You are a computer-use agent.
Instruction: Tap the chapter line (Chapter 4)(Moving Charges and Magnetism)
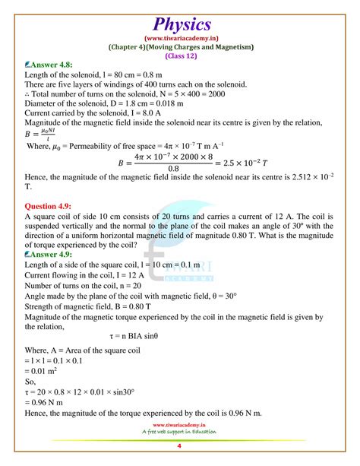[179, 47]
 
